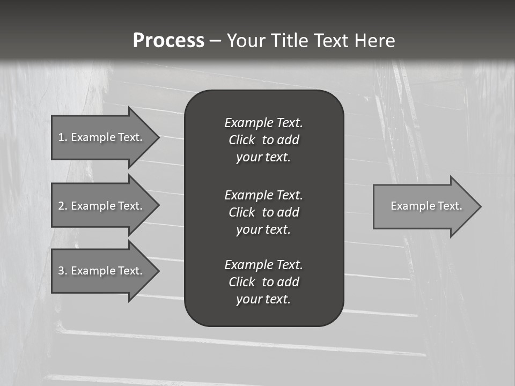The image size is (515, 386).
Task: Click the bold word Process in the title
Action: pos(168,41)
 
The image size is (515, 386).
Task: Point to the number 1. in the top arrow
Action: pos(63,137)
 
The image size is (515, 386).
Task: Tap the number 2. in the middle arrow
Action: pos(63,206)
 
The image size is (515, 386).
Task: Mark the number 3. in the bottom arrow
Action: pos(63,271)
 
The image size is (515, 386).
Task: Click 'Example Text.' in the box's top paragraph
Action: pos(263,123)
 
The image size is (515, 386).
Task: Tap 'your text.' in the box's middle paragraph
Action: pos(263,229)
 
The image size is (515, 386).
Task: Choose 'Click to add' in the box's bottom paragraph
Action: pos(263,282)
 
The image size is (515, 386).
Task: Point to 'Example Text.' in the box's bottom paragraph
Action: pos(263,265)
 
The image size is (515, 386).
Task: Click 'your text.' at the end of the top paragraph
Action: pos(263,158)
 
